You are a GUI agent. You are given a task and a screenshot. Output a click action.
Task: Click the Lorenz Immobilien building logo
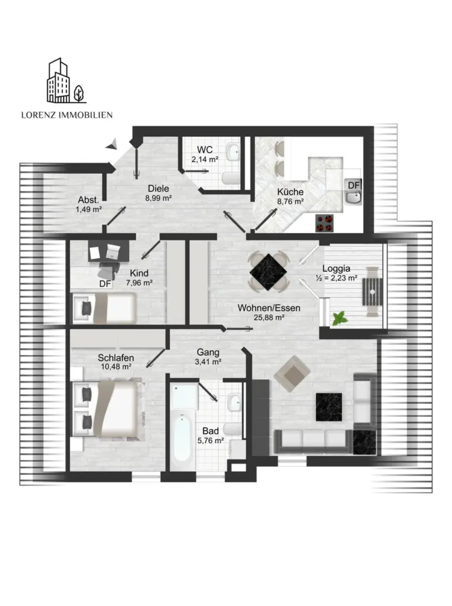[x=67, y=80]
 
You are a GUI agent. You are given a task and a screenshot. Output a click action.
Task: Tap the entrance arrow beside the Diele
[x=112, y=145]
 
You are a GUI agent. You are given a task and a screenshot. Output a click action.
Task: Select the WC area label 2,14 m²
[x=205, y=159]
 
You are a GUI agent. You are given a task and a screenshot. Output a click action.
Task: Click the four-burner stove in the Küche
[x=324, y=223]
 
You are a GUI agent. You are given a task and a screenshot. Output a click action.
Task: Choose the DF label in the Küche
[x=354, y=185]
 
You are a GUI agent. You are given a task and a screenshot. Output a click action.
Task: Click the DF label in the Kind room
[x=105, y=284]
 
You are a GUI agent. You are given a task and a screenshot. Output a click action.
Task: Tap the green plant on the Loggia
[x=340, y=318]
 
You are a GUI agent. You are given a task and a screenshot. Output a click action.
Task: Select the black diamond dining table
[x=268, y=272]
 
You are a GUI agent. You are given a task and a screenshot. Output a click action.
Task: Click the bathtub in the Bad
[x=182, y=439]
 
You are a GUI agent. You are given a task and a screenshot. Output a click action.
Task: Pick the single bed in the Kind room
[x=104, y=308]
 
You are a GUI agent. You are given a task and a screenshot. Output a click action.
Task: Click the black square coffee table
[x=329, y=407]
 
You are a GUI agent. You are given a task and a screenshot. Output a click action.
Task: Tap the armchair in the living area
[x=292, y=374]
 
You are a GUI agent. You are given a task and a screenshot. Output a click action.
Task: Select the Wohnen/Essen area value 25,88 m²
[x=269, y=317]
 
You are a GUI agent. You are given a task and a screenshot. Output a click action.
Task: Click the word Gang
[x=208, y=352]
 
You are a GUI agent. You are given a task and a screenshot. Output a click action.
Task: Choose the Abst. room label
[x=88, y=200]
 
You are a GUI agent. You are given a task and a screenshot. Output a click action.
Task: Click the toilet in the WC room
[x=230, y=178]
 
